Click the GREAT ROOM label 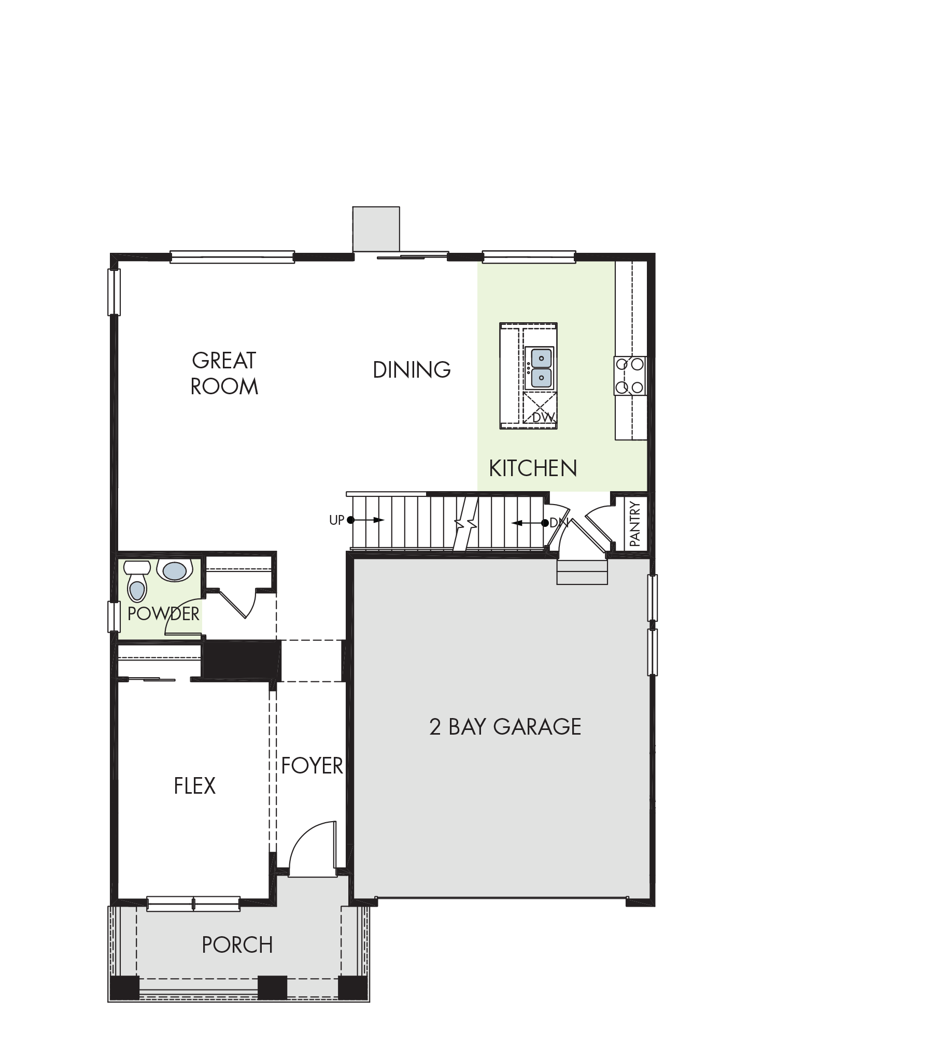click(224, 374)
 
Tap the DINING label click(412, 370)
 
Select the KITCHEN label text click(533, 468)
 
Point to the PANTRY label click(634, 523)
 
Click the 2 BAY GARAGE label click(505, 726)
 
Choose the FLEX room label click(194, 785)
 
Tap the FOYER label click(313, 765)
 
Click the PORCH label click(237, 945)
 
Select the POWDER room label click(163, 613)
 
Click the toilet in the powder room click(137, 581)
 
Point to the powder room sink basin click(174, 570)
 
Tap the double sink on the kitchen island click(540, 368)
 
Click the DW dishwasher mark click(543, 417)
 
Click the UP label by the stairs click(337, 520)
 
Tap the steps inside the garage click(582, 572)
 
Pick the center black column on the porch click(273, 987)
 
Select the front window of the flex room click(193, 904)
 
